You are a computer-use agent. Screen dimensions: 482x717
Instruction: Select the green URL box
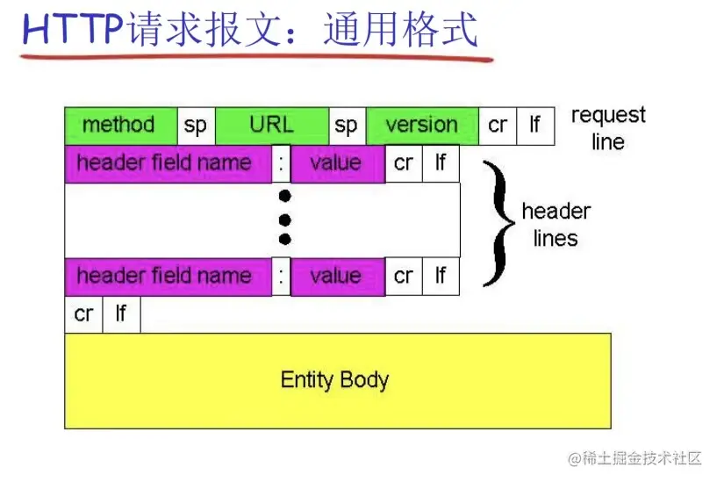click(x=272, y=126)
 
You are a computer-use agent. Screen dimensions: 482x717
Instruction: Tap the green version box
click(x=422, y=126)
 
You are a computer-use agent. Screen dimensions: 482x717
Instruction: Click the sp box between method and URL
click(x=196, y=126)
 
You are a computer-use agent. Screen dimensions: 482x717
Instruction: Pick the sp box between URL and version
click(x=347, y=126)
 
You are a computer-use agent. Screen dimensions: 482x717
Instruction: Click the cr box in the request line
click(x=498, y=126)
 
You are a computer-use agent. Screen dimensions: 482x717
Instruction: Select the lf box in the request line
click(x=534, y=126)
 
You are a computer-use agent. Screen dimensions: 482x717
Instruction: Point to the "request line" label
click(x=607, y=128)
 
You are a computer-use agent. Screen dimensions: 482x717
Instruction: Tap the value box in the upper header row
click(x=337, y=163)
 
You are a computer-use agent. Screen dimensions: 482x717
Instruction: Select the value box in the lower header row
click(x=337, y=277)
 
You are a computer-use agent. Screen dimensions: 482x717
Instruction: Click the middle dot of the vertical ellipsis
click(x=284, y=218)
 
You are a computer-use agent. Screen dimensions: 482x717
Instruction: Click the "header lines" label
click(x=556, y=225)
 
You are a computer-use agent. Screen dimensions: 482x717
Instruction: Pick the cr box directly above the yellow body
click(x=83, y=314)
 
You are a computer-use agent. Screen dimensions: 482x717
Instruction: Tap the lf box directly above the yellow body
click(x=120, y=314)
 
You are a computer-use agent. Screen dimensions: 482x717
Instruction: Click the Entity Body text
click(x=334, y=380)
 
